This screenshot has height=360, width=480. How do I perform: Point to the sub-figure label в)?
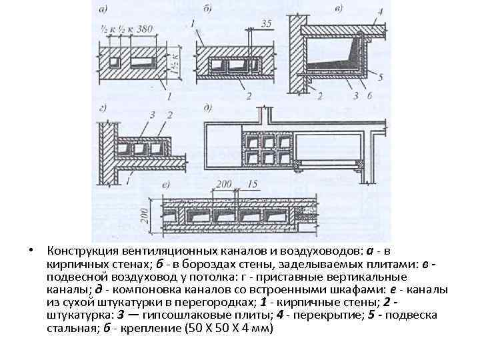coord(339,9)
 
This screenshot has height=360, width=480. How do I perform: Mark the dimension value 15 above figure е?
coord(252,183)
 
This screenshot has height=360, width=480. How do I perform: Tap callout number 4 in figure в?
coord(379,12)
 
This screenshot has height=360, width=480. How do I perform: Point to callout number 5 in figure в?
coord(379,77)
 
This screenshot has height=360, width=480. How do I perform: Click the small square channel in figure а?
coord(115,63)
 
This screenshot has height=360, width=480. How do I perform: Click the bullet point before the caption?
coord(31,251)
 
